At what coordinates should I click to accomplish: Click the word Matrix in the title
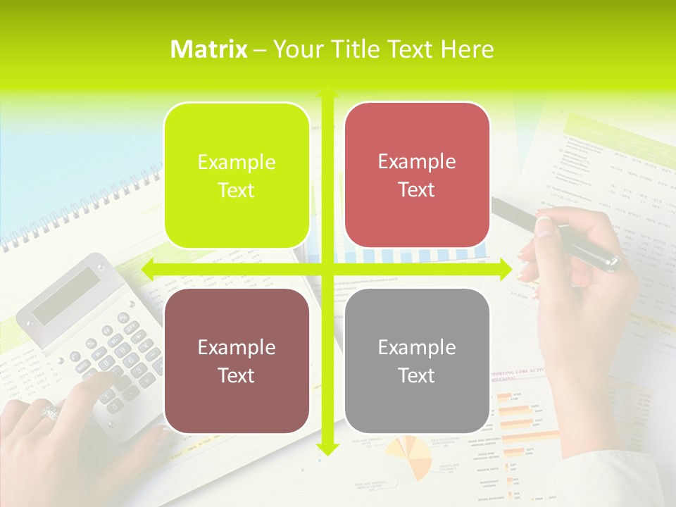[209, 49]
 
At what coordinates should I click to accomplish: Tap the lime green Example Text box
[237, 175]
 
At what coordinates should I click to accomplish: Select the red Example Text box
[417, 175]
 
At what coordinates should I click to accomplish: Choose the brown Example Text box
[237, 361]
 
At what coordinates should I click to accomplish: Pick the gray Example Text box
[417, 361]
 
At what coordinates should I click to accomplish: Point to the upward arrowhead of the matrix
[327, 92]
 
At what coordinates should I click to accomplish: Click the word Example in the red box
[417, 162]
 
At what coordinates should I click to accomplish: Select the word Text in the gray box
[417, 376]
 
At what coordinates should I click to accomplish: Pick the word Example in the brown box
[237, 347]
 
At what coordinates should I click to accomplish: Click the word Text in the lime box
[237, 191]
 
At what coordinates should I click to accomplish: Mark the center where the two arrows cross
[327, 269]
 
